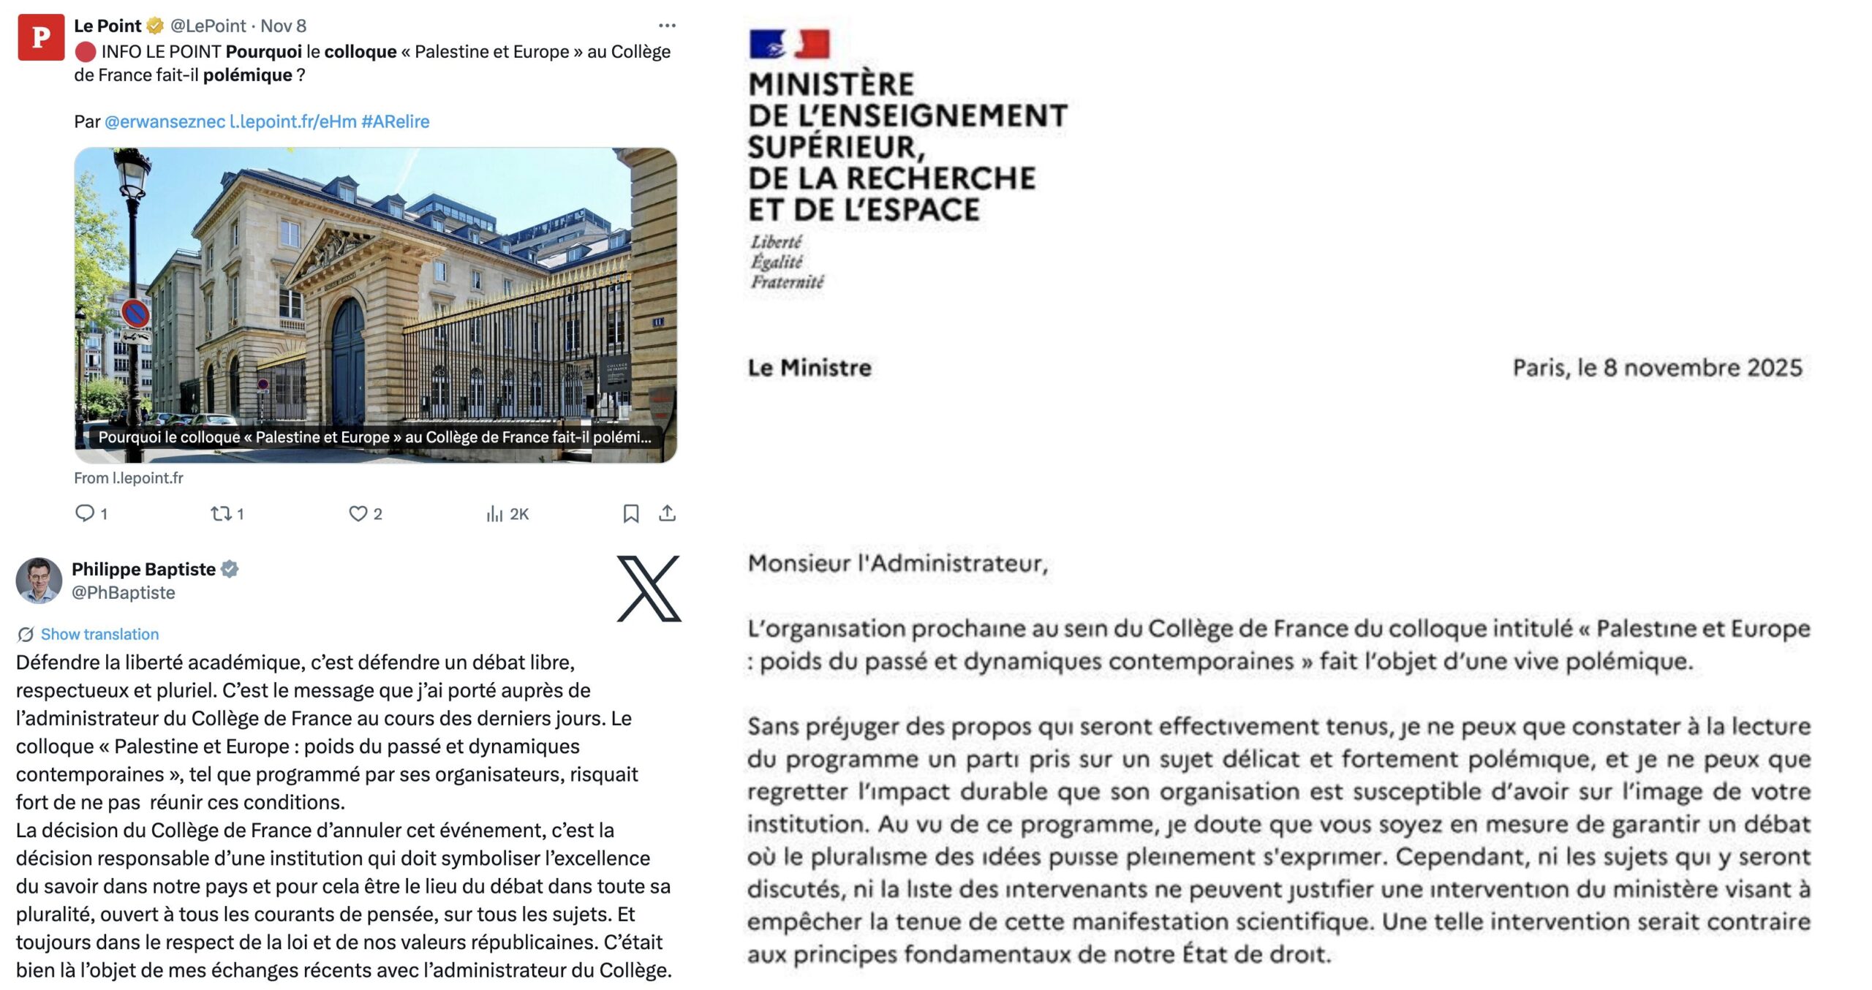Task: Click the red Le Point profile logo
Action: click(41, 37)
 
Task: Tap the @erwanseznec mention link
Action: click(165, 121)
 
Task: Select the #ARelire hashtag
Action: click(395, 121)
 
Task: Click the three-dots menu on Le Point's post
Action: click(667, 26)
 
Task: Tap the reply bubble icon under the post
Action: click(85, 513)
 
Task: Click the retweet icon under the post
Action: click(221, 513)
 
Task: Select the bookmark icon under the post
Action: click(631, 513)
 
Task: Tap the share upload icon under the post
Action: click(667, 513)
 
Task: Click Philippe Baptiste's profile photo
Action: click(39, 581)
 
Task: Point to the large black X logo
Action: click(649, 589)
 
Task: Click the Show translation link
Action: click(99, 634)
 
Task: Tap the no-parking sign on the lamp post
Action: click(135, 314)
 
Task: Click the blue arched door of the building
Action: click(348, 358)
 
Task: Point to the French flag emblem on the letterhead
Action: click(790, 44)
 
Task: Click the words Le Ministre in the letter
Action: click(809, 367)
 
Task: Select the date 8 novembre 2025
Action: click(1702, 367)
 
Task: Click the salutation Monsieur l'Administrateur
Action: click(897, 563)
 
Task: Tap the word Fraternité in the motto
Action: click(787, 282)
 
